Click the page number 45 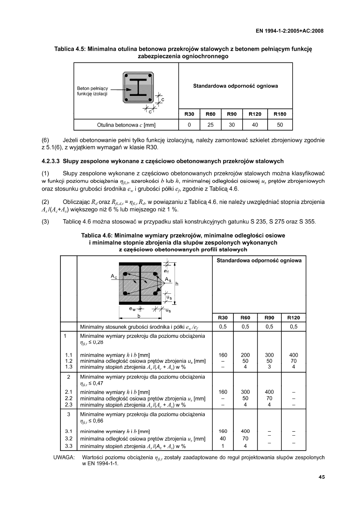pyautogui.click(x=321, y=477)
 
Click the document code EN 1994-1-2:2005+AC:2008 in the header pyautogui.click(x=290, y=31)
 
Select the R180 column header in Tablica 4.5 pyautogui.click(x=280, y=114)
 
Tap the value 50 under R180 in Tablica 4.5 pyautogui.click(x=280, y=125)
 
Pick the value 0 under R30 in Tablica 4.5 pyautogui.click(x=189, y=125)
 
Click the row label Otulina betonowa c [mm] pyautogui.click(x=126, y=125)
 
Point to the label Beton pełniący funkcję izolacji pyautogui.click(x=93, y=91)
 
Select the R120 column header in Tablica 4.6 pyautogui.click(x=293, y=318)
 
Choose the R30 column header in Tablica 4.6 pyautogui.click(x=223, y=318)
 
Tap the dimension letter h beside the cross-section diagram pyautogui.click(x=177, y=283)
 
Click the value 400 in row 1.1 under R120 pyautogui.click(x=293, y=355)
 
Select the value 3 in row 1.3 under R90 pyautogui.click(x=269, y=367)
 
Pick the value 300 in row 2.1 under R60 pyautogui.click(x=245, y=392)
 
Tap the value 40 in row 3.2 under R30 pyautogui.click(x=223, y=438)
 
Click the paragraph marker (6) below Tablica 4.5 pyautogui.click(x=46, y=140)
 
